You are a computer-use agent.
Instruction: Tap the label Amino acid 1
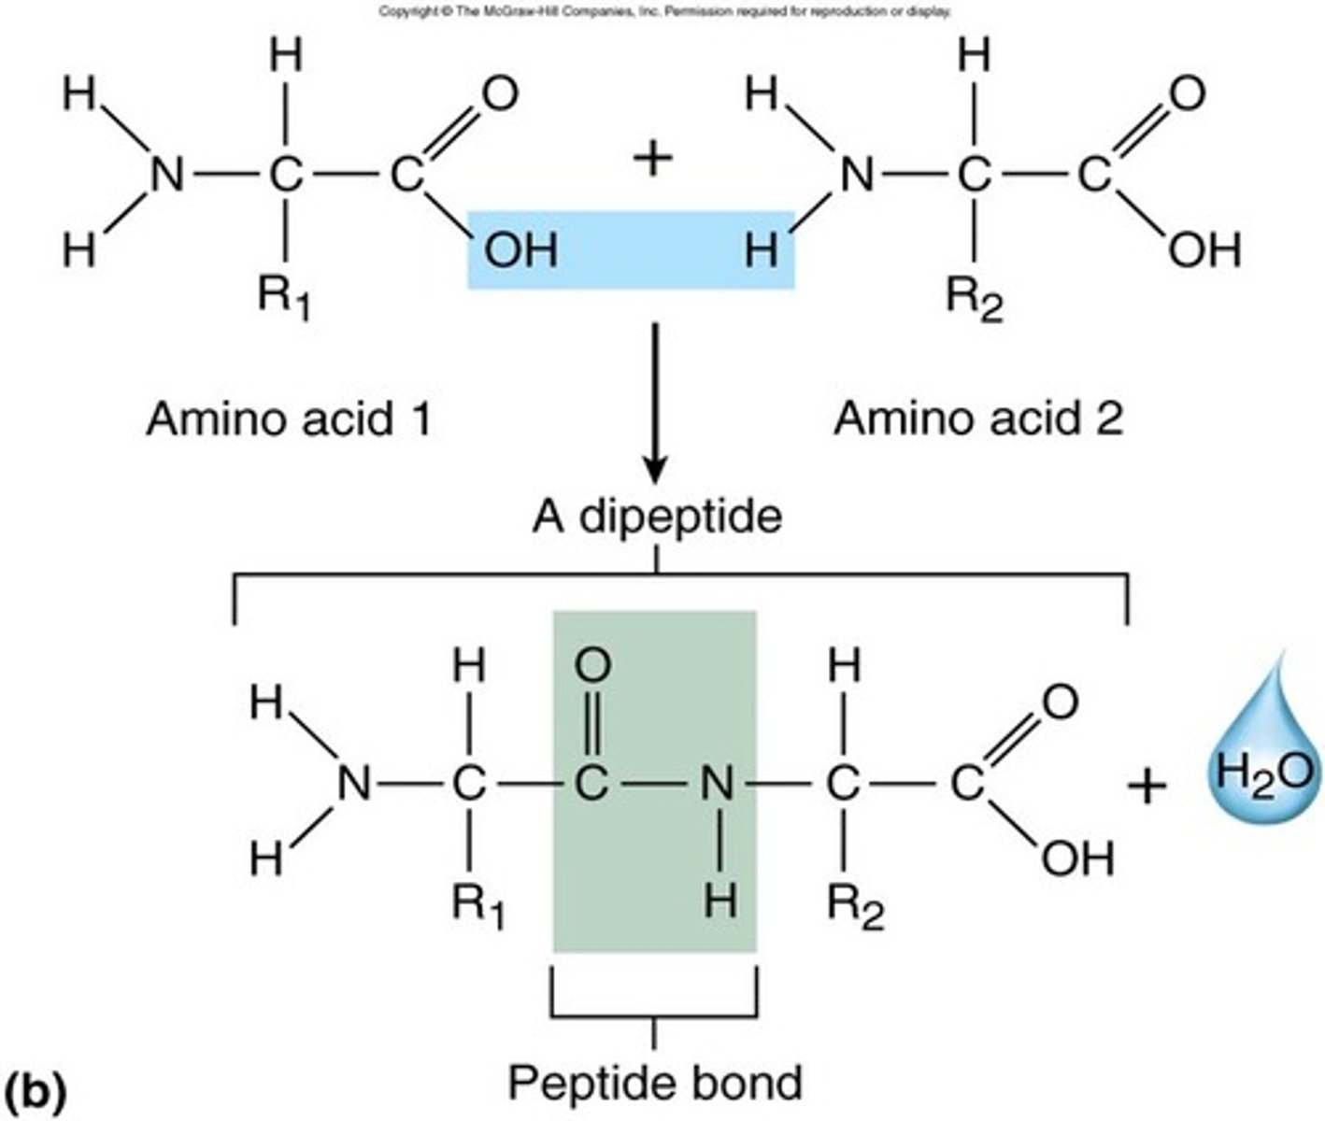click(x=289, y=419)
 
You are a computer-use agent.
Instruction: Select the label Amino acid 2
click(x=977, y=419)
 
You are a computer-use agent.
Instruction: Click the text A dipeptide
click(x=656, y=516)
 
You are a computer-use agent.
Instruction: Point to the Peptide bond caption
click(x=654, y=1082)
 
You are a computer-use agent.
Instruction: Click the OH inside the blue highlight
click(x=520, y=250)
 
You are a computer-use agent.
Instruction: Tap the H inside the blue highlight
click(x=762, y=250)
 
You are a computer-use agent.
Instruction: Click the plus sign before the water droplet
click(x=1147, y=786)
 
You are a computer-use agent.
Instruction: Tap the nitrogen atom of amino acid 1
click(x=167, y=175)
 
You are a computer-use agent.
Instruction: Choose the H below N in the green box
click(x=719, y=901)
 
